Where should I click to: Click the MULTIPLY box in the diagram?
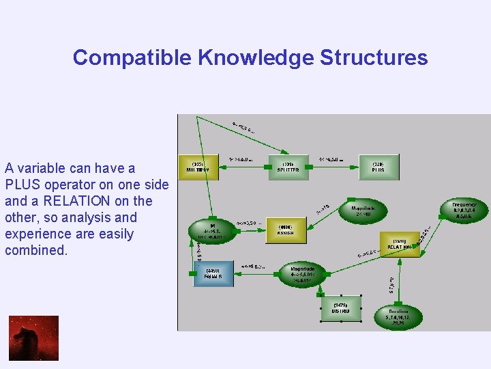[198, 167]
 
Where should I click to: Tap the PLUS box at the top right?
[378, 167]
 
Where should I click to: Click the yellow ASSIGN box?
[286, 230]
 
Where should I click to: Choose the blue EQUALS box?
[213, 275]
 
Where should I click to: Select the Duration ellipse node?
[399, 316]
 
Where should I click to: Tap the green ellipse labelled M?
[211, 232]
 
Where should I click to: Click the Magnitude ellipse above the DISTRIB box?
[303, 274]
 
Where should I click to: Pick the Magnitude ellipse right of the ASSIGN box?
[362, 211]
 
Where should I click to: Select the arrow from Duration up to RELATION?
[400, 279]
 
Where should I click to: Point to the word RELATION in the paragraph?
[76, 201]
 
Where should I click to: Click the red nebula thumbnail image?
[33, 338]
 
